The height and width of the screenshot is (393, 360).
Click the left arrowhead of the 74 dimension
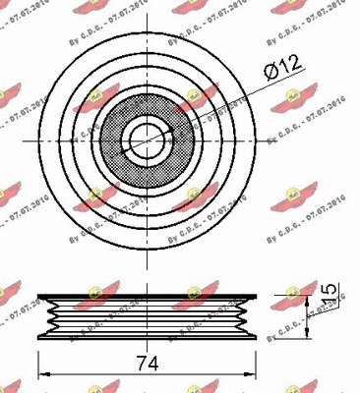tap(42, 375)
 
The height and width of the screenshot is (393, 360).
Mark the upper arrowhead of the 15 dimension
tap(315, 286)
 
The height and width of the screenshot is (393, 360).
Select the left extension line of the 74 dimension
tap(37, 359)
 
